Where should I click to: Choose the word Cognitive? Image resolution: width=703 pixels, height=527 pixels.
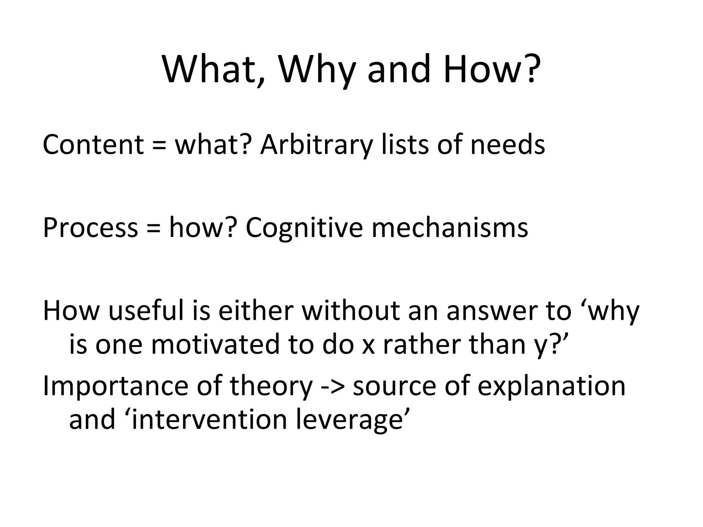304,228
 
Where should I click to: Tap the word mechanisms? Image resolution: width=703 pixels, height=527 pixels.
450,228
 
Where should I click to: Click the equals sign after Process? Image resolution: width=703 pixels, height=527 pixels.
153,229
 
